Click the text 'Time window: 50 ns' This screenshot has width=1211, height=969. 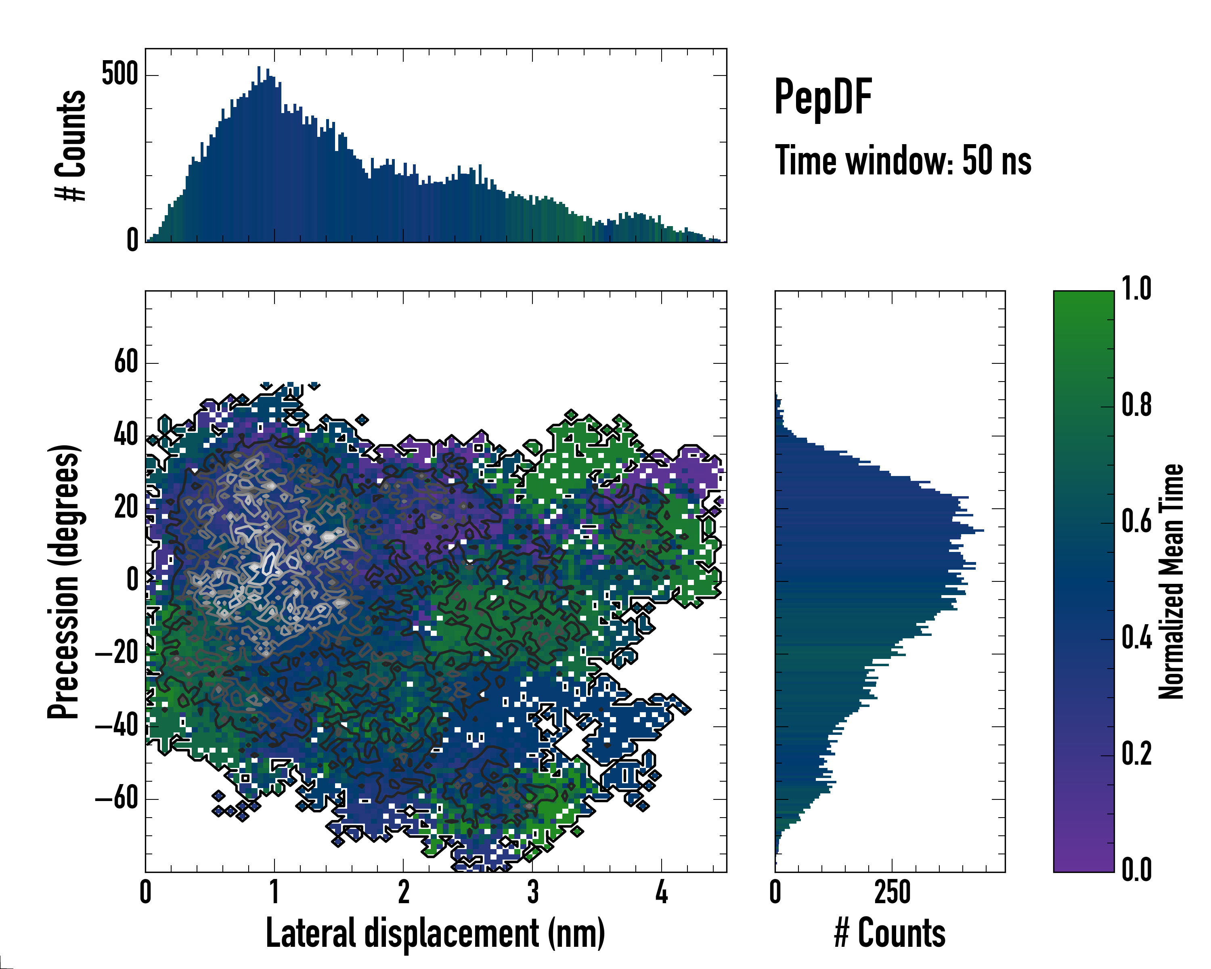click(903, 161)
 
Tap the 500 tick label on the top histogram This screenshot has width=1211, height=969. click(119, 74)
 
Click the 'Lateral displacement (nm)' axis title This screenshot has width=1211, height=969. click(435, 933)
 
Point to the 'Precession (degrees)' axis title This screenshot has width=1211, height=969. click(63, 581)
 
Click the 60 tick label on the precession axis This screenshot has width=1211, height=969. click(126, 362)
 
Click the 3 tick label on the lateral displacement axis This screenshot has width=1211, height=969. click(532, 892)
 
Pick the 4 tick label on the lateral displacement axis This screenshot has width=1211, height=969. click(662, 892)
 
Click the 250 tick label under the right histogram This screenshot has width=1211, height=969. click(892, 892)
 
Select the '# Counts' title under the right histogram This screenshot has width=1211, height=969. click(890, 933)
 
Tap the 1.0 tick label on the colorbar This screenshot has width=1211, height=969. click(1136, 289)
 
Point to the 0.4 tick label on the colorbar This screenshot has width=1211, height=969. click(1136, 639)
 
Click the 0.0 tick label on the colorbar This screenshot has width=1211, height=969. click(1136, 870)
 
